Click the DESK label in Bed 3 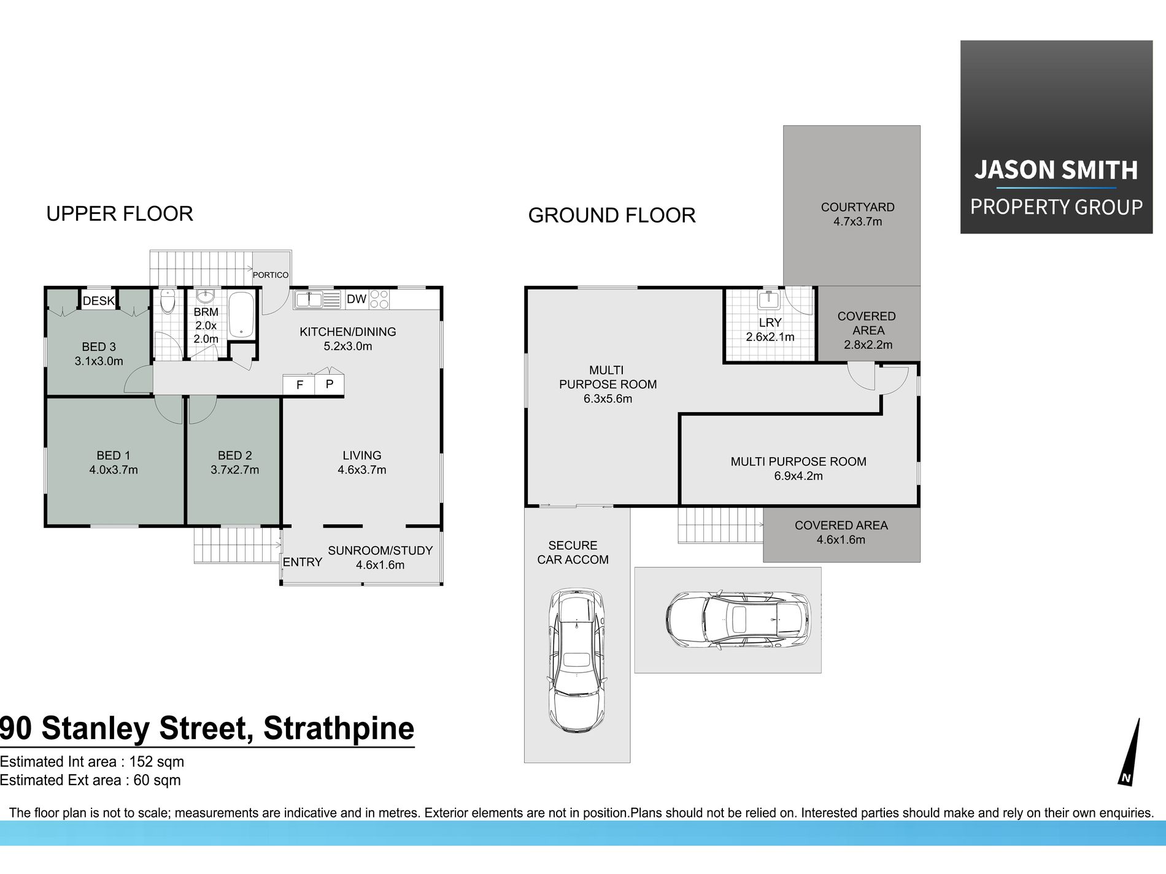pyautogui.click(x=99, y=301)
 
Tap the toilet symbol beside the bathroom pyautogui.click(x=168, y=302)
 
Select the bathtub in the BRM pyautogui.click(x=241, y=315)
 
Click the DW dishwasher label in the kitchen pyautogui.click(x=357, y=299)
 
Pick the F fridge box pyautogui.click(x=299, y=385)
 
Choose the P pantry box pyautogui.click(x=330, y=385)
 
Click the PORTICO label pyautogui.click(x=271, y=275)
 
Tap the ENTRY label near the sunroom pyautogui.click(x=302, y=562)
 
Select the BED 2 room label pyautogui.click(x=235, y=456)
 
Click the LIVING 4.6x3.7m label pyautogui.click(x=362, y=462)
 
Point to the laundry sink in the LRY pyautogui.click(x=768, y=301)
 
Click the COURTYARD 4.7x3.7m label pyautogui.click(x=858, y=214)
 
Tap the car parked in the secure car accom pyautogui.click(x=576, y=661)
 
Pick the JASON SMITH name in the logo pyautogui.click(x=1056, y=170)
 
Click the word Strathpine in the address pyautogui.click(x=339, y=728)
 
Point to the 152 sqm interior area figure pyautogui.click(x=156, y=762)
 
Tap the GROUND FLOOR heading pyautogui.click(x=612, y=215)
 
